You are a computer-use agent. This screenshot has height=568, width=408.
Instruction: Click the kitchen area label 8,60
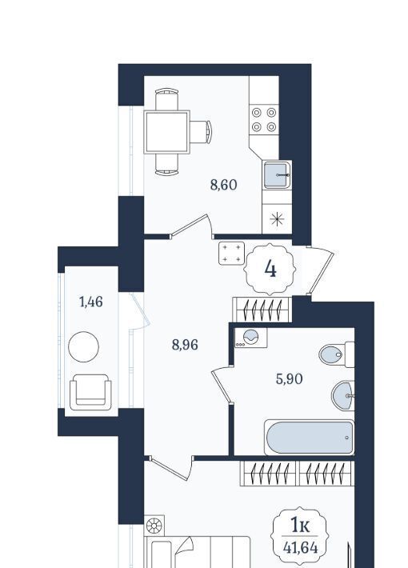(x=223, y=185)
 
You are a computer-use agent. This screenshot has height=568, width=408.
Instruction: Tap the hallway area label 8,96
(x=185, y=345)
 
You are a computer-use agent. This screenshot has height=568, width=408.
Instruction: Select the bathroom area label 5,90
(x=289, y=379)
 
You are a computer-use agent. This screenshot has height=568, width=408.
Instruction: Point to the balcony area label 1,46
(x=91, y=302)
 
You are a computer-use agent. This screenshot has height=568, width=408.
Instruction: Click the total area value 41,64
(x=300, y=548)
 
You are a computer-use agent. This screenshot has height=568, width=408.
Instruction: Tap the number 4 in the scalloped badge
(x=270, y=269)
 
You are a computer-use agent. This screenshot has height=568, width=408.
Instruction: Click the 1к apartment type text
(x=300, y=526)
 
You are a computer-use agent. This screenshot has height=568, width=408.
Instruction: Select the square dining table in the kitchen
(x=167, y=132)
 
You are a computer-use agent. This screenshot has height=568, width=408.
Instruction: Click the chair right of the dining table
(x=201, y=132)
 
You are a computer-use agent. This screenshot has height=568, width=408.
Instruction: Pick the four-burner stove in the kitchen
(x=264, y=120)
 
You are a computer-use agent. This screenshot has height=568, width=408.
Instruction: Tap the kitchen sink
(x=277, y=175)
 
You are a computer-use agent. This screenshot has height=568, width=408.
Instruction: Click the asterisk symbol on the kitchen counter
(x=277, y=218)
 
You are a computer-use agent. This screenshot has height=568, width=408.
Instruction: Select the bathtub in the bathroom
(x=309, y=438)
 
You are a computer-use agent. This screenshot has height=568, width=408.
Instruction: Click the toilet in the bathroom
(x=336, y=354)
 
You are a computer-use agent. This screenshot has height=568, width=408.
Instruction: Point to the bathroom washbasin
(x=342, y=395)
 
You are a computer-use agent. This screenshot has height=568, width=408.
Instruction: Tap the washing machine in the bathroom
(x=250, y=338)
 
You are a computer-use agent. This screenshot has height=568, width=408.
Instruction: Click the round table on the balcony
(x=83, y=346)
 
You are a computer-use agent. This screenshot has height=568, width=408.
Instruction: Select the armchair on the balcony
(x=90, y=392)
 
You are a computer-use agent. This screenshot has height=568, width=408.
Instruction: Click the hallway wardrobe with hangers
(x=262, y=310)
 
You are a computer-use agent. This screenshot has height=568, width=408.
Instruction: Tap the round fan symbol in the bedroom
(x=154, y=526)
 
